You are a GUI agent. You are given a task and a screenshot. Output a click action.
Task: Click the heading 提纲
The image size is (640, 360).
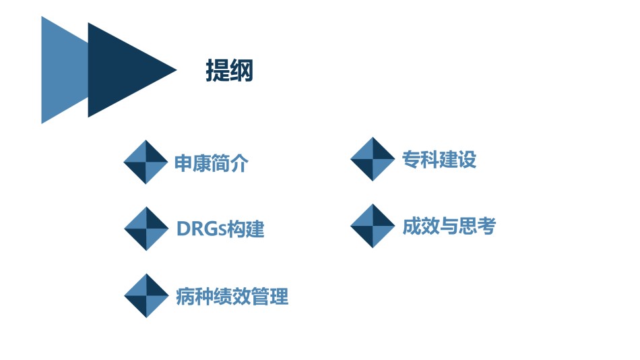coord(229,70)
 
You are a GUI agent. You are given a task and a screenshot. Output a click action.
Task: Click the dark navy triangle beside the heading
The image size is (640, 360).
coord(123,70)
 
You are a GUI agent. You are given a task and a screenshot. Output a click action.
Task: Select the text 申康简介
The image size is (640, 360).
coord(211,163)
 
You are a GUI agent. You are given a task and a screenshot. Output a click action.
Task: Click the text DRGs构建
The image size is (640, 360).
coord(220,229)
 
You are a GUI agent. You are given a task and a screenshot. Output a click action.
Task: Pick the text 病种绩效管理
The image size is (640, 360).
coord(232,296)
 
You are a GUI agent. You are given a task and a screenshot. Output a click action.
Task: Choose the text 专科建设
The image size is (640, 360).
coord(439,159)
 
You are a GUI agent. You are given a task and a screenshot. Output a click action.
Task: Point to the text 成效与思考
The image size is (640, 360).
coord(449,226)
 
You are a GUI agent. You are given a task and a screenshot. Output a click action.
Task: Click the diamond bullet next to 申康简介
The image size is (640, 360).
coord(146,162)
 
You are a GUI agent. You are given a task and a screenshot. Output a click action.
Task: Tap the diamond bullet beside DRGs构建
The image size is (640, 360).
coord(146,229)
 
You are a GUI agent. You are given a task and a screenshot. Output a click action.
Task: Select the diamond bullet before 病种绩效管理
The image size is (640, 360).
coord(146,296)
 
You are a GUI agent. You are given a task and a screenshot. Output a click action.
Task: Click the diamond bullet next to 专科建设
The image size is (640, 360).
coord(373,159)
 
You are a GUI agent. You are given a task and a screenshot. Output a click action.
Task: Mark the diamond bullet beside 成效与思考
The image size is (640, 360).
coord(373,226)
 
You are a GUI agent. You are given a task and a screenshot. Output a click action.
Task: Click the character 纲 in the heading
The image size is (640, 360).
coord(242,70)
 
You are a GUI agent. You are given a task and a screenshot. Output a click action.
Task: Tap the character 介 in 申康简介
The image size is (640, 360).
coord(239,163)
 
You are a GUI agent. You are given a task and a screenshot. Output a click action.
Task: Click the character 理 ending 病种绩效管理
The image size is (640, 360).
coord(279,296)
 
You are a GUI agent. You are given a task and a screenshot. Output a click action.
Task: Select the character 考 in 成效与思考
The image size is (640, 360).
coord(486,226)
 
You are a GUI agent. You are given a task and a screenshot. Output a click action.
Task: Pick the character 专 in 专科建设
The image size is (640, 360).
coord(412,159)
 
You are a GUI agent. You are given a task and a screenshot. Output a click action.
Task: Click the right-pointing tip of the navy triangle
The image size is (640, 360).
coord(177,70)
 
